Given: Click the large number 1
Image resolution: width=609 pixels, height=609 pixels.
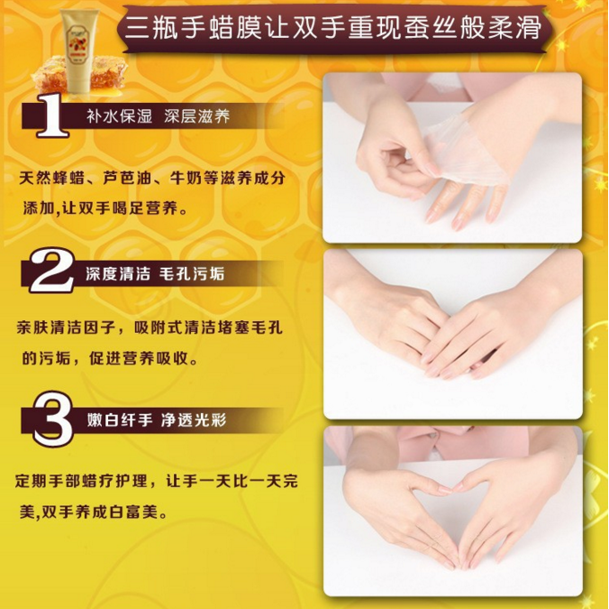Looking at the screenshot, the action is tap(51, 115).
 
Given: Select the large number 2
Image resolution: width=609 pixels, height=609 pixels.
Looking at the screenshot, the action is tap(51, 271).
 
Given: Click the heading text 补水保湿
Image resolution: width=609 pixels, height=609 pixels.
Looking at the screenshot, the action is tap(119, 115).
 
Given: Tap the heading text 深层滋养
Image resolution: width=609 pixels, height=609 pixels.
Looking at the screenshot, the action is tap(197, 115).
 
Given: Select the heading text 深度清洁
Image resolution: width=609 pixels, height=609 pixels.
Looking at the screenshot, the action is tap(118, 273).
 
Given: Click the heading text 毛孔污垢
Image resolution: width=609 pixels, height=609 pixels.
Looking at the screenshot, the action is tap(192, 273).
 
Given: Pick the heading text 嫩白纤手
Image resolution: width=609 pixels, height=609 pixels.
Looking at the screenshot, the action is tap(119, 420).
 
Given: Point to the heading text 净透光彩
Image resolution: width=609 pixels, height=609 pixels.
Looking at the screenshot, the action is tap(194, 420).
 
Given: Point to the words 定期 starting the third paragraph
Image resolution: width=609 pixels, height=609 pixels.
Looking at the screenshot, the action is tap(32, 482).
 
